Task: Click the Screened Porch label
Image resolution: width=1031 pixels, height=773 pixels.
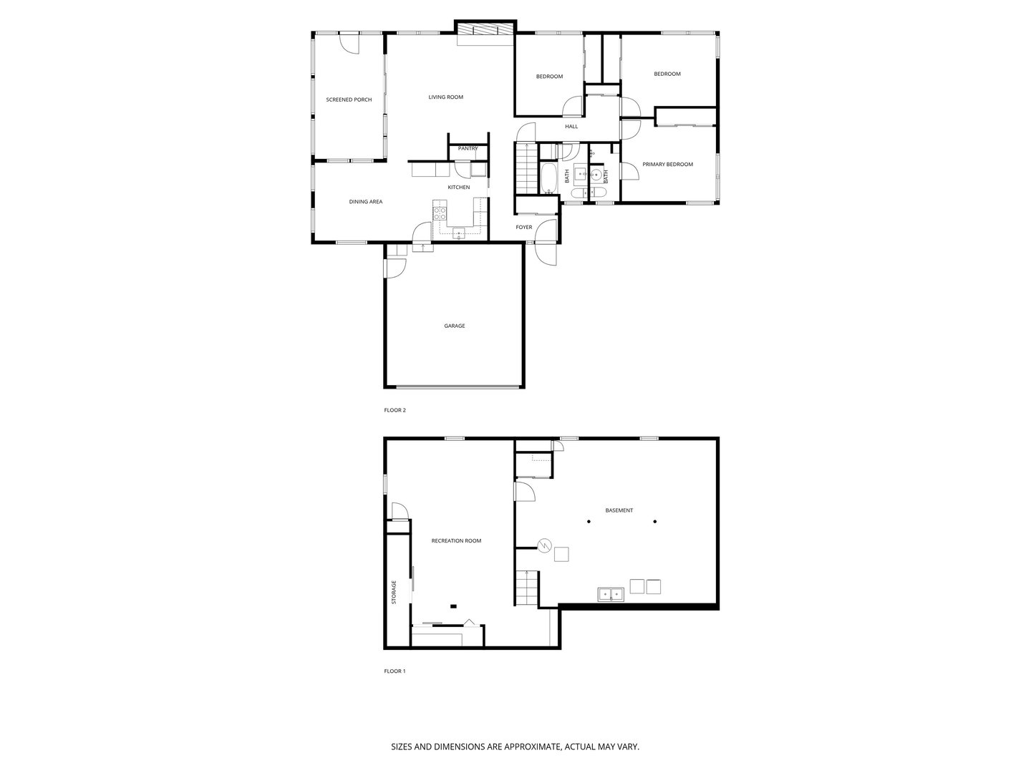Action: [349, 99]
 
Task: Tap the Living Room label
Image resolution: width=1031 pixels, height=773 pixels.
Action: [445, 97]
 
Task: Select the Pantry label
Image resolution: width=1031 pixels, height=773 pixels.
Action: [468, 148]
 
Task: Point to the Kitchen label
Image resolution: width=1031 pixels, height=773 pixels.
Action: [459, 188]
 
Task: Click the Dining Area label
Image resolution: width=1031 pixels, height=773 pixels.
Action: [365, 202]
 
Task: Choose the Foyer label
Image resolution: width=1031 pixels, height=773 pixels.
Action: [524, 228]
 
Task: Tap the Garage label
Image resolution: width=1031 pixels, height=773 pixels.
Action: [454, 326]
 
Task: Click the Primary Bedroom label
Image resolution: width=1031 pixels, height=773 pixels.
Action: [667, 165]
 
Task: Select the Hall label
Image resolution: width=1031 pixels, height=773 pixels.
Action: [571, 127]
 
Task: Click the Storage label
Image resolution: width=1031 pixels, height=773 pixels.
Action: [394, 593]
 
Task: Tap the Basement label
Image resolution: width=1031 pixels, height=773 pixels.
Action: [619, 510]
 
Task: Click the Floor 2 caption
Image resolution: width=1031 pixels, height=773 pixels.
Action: [395, 410]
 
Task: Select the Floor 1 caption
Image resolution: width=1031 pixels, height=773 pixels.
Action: [395, 671]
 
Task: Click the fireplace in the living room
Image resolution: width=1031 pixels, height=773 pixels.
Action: [485, 32]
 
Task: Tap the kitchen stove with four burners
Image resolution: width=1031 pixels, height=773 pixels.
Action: [440, 213]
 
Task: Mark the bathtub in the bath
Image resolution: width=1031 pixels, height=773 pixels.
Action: [548, 179]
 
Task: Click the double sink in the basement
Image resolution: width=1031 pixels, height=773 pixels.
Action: [611, 593]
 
